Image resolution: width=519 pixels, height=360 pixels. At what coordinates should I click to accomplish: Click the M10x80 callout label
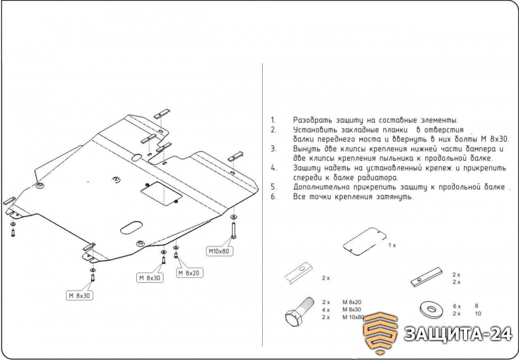click(x=219, y=251)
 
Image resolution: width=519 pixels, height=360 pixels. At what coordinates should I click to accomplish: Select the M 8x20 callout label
click(x=189, y=273)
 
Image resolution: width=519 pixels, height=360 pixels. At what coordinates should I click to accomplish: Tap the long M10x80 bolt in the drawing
click(x=234, y=230)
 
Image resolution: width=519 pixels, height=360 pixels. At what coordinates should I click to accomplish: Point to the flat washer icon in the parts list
click(x=431, y=309)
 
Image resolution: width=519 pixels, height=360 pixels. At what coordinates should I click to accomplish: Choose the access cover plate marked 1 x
click(x=365, y=241)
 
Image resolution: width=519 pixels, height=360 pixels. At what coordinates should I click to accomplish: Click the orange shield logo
click(x=380, y=333)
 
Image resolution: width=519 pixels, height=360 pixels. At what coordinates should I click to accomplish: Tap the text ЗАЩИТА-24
click(x=458, y=334)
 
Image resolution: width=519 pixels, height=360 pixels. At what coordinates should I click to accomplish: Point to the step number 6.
click(x=273, y=196)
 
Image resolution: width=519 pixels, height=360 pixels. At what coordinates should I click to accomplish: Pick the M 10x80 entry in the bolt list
click(x=353, y=317)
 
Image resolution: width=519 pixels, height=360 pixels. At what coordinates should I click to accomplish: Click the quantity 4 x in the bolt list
click(x=326, y=310)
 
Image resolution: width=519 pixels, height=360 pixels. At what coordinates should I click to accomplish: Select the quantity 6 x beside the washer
click(x=457, y=306)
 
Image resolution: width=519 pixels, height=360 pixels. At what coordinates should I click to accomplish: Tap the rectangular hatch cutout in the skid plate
click(x=162, y=194)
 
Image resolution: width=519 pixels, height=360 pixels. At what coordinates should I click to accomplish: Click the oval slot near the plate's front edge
click(x=132, y=227)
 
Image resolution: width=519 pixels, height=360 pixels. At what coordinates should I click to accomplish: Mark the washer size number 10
click(x=477, y=314)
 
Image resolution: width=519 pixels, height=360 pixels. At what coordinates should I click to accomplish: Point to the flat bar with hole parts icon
click(x=427, y=277)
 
